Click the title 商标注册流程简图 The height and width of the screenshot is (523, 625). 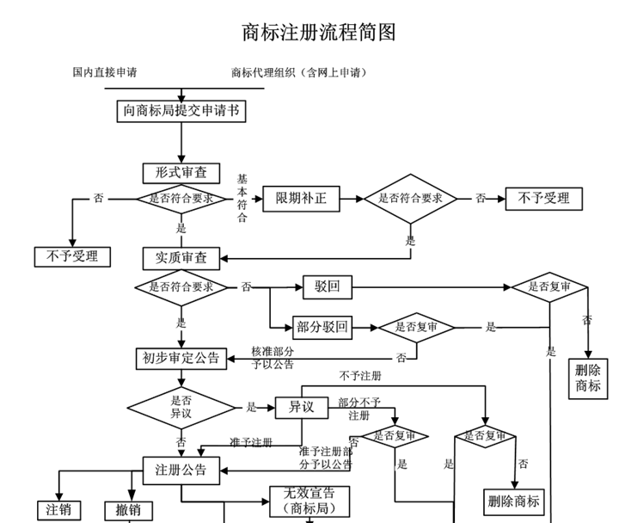click(x=319, y=32)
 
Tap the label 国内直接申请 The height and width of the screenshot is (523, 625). click(x=105, y=72)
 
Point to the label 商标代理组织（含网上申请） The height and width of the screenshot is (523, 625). click(x=299, y=72)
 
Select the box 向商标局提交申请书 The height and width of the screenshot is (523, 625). click(x=181, y=110)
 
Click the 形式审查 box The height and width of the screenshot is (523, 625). click(x=181, y=172)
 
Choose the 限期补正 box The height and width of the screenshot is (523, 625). click(x=301, y=199)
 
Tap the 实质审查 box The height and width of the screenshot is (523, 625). click(x=181, y=257)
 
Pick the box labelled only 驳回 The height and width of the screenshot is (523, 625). click(x=328, y=286)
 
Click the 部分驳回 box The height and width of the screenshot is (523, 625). click(x=322, y=327)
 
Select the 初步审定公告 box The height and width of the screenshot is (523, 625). click(x=181, y=357)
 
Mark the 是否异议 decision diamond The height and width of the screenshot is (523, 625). click(x=181, y=407)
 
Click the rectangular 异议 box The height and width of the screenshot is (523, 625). click(x=301, y=407)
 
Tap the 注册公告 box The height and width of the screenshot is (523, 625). click(x=181, y=470)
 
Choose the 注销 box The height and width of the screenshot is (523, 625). click(x=58, y=509)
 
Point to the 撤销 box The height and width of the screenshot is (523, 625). click(x=128, y=510)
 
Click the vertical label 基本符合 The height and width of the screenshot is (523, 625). click(x=242, y=198)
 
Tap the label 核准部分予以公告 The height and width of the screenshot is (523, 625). click(x=273, y=358)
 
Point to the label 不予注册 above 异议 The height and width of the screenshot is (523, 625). click(x=360, y=376)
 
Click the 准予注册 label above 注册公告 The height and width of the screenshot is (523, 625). click(x=251, y=442)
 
